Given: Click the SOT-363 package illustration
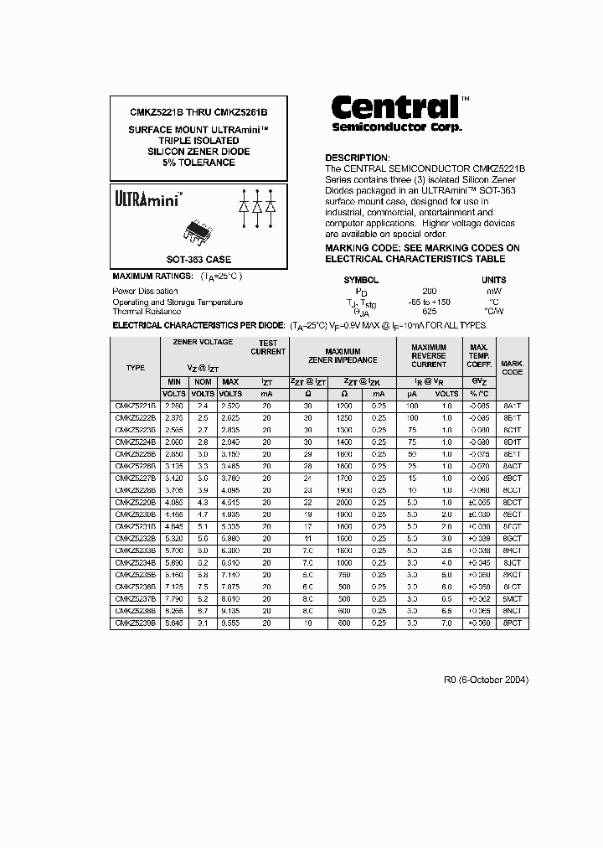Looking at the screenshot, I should (x=198, y=232).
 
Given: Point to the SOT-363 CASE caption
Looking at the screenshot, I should (x=198, y=260).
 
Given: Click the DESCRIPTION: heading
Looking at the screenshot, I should (x=357, y=158).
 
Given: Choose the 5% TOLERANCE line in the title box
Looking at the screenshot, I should (x=198, y=163).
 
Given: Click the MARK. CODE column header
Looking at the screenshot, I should (x=512, y=367).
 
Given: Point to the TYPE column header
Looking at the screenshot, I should (x=135, y=368).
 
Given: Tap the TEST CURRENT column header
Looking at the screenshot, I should (x=267, y=348).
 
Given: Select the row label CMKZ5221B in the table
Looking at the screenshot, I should (x=135, y=406).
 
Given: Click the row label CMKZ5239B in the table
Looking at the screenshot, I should (x=135, y=623).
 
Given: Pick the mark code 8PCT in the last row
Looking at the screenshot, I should (x=512, y=623).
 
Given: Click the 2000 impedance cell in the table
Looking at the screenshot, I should (x=343, y=504).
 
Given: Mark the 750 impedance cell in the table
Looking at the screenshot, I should (x=343, y=577).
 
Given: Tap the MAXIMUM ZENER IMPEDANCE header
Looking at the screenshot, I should (x=343, y=355).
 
